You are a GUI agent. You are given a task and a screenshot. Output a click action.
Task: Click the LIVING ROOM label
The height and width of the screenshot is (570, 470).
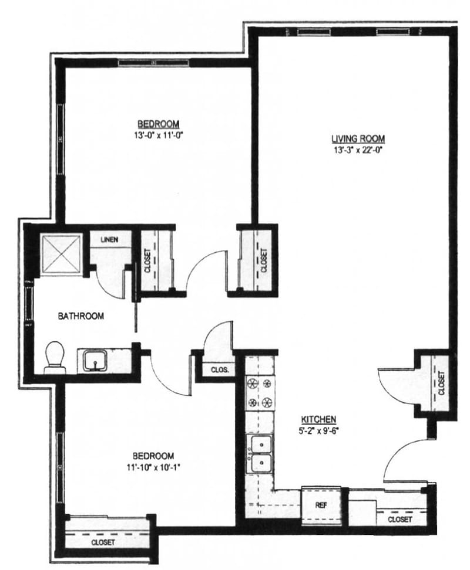[358, 139]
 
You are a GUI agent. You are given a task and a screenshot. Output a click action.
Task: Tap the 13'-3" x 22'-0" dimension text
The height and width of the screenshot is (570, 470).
[358, 149]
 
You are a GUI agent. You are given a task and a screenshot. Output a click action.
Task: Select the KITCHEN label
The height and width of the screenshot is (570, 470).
[318, 419]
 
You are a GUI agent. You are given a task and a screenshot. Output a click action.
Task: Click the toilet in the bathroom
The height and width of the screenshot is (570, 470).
[55, 356]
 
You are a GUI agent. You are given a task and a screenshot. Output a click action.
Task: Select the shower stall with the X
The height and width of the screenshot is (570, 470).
[61, 254]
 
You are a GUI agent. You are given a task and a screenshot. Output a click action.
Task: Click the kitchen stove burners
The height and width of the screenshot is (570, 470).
[260, 393]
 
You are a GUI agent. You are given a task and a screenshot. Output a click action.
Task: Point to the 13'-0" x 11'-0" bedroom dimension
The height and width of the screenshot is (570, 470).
[158, 134]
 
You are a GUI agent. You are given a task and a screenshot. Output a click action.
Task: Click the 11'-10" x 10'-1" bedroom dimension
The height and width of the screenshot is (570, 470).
[153, 467]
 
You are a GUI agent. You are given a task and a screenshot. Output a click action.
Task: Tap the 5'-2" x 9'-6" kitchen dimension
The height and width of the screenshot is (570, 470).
[318, 429]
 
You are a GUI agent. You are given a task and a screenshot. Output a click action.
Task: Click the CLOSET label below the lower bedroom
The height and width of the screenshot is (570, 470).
[103, 542]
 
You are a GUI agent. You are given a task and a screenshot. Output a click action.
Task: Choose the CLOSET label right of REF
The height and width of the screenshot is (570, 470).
[399, 520]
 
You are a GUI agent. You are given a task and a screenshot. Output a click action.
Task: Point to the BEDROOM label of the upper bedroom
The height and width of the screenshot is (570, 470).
[158, 124]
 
